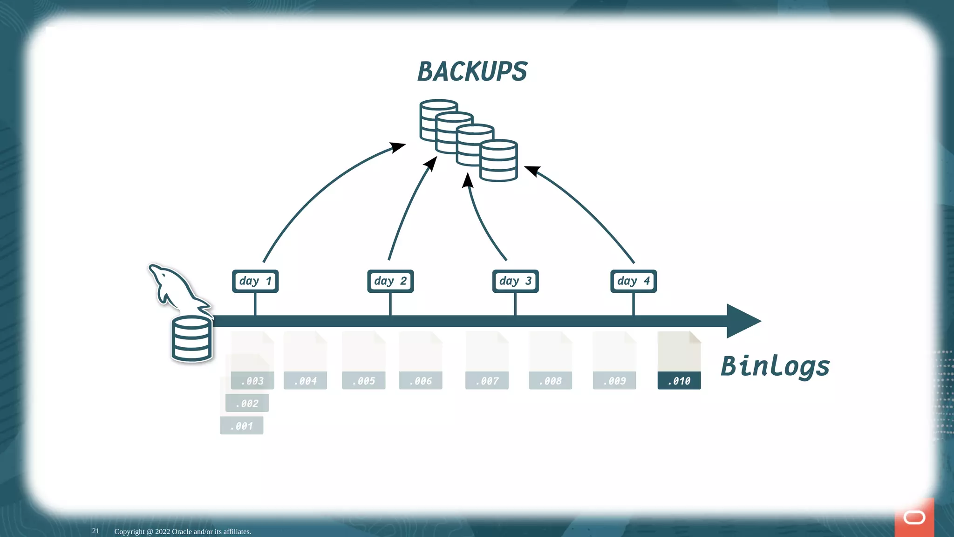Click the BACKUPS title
[x=472, y=72]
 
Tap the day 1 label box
[x=255, y=281]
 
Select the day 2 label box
[x=390, y=281]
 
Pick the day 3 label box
[x=515, y=281]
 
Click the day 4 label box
[x=634, y=281]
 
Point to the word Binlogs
[x=775, y=366]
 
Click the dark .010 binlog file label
[x=679, y=381]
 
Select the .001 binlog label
[x=241, y=426]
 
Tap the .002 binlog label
[x=247, y=403]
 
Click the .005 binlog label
[x=363, y=381]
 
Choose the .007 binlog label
[x=487, y=381]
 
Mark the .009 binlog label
[x=614, y=381]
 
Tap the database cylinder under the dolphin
[x=191, y=339]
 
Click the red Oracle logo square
[x=914, y=517]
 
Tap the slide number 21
[x=95, y=531]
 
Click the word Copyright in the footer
[x=129, y=531]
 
